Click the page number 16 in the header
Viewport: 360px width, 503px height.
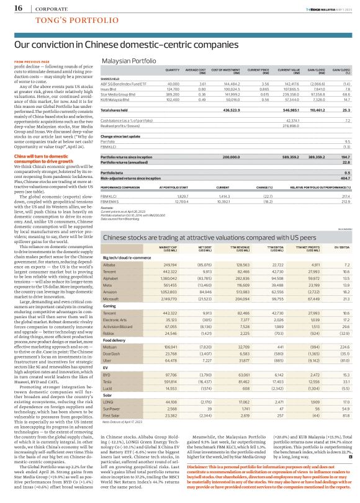[x=18, y=8]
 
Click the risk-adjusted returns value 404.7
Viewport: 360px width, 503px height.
[x=346, y=178]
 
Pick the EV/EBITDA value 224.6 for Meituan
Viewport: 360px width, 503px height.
[x=344, y=347]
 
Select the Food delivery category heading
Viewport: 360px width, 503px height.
[x=115, y=340]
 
